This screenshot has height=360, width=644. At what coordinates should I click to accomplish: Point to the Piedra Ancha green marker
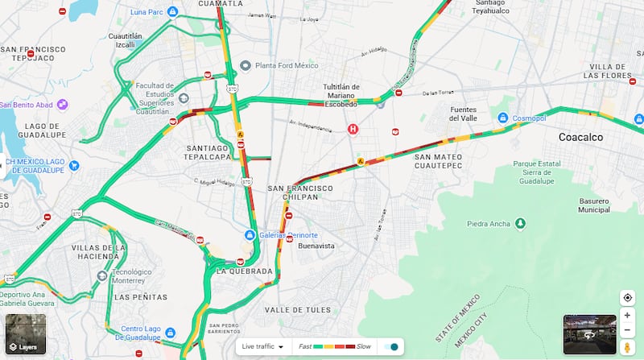pos(521,223)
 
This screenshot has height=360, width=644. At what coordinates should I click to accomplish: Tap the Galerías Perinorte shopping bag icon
pos(250,235)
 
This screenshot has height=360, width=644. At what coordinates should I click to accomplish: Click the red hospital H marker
pos(352,129)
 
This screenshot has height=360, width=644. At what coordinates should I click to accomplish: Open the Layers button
pos(25,334)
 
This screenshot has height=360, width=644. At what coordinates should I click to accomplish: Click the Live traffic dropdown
pos(264,347)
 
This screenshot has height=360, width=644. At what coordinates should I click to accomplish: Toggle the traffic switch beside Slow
pos(391,347)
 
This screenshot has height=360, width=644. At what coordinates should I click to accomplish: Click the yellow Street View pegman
pos(627,347)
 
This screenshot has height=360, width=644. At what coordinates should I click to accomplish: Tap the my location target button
pos(627,298)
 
